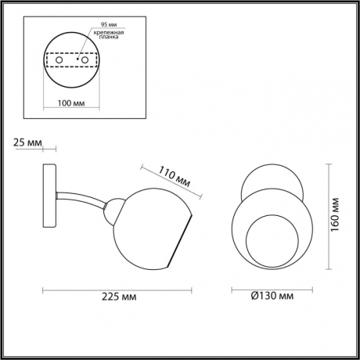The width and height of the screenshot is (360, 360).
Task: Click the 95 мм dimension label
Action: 109,24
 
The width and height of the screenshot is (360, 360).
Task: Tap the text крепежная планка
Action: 109,34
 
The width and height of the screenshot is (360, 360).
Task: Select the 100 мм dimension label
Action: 71,103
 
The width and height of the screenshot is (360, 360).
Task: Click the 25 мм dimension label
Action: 27,142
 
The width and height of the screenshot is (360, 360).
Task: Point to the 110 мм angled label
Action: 175,177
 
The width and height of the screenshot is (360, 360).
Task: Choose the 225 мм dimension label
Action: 119,297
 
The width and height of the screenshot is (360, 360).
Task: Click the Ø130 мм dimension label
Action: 272,296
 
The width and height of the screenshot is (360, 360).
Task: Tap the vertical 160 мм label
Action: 334,214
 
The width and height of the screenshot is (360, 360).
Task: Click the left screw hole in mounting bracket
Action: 59,60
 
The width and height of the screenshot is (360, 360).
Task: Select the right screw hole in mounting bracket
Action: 85,60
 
